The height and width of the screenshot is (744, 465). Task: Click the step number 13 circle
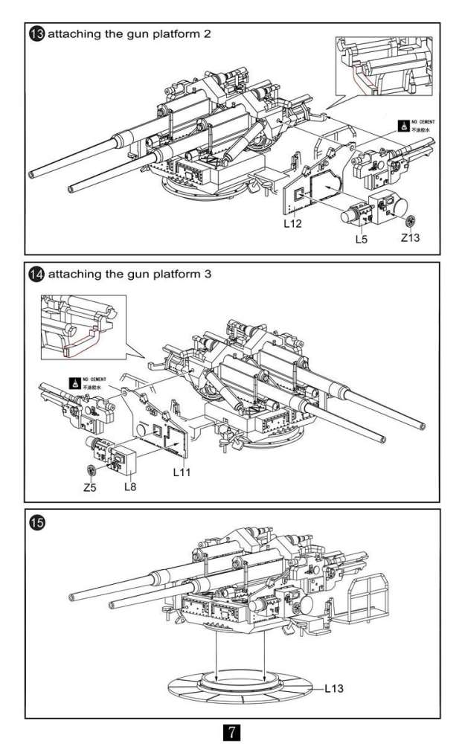pyautogui.click(x=36, y=35)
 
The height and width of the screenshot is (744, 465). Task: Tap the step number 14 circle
pyautogui.click(x=36, y=275)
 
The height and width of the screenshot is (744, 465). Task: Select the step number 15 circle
pyautogui.click(x=36, y=522)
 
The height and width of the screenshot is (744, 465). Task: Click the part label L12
pyautogui.click(x=292, y=223)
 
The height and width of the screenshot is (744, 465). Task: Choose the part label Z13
pyautogui.click(x=411, y=239)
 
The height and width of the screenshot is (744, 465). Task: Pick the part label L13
pyautogui.click(x=334, y=688)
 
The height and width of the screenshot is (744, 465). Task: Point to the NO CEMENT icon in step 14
pyautogui.click(x=75, y=382)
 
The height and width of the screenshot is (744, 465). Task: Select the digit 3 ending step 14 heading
pyautogui.click(x=208, y=275)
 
